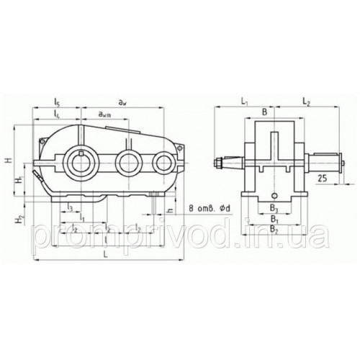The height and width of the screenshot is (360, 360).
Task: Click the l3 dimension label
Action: coord(68,207)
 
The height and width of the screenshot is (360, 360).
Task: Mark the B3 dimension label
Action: coord(272,209)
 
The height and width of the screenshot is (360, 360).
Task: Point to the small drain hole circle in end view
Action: coord(274,195)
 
